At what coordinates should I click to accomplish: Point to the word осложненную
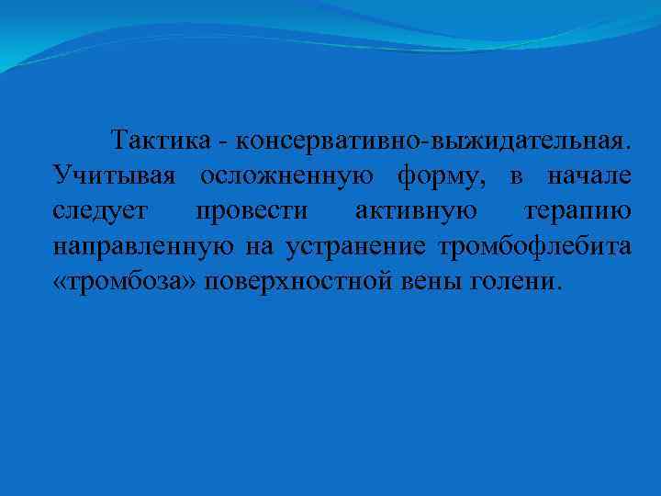pos(286,176)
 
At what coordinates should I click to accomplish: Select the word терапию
pos(577,211)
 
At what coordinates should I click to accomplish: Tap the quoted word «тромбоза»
pos(125,281)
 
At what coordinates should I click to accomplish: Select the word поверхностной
pos(301,281)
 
